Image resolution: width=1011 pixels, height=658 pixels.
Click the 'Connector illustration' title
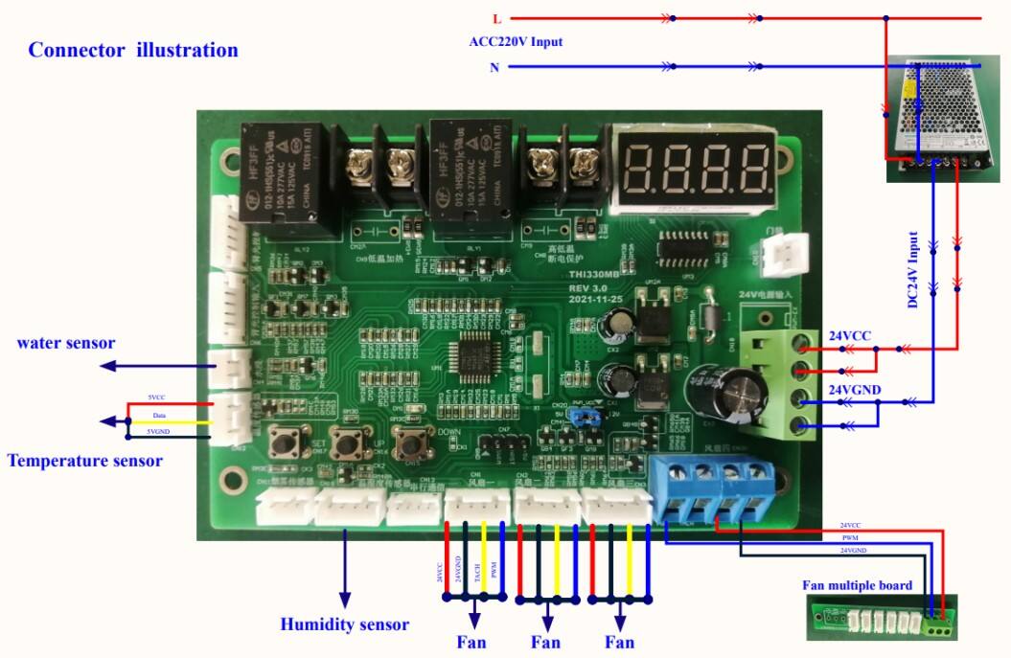(x=133, y=50)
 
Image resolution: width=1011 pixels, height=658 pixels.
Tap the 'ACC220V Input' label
(x=516, y=42)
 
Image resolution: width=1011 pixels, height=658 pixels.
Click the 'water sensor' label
(x=66, y=343)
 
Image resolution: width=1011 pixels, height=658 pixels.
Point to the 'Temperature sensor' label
(x=84, y=461)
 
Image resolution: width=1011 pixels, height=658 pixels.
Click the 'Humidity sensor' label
(x=344, y=624)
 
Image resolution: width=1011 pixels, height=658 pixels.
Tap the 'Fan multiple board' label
(x=857, y=585)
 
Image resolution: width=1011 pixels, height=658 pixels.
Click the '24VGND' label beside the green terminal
(x=856, y=390)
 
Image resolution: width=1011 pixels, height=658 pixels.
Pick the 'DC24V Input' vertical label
(x=913, y=269)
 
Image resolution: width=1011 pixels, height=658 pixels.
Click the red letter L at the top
(x=496, y=18)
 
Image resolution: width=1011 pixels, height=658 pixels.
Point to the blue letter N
(x=494, y=68)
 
